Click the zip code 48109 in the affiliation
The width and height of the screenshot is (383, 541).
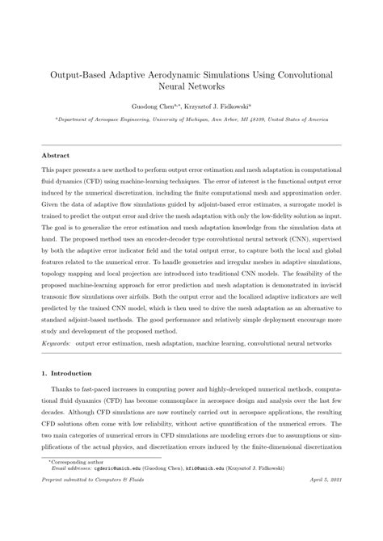pyautogui.click(x=254, y=119)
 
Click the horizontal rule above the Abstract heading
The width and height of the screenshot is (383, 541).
pyautogui.click(x=191, y=145)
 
